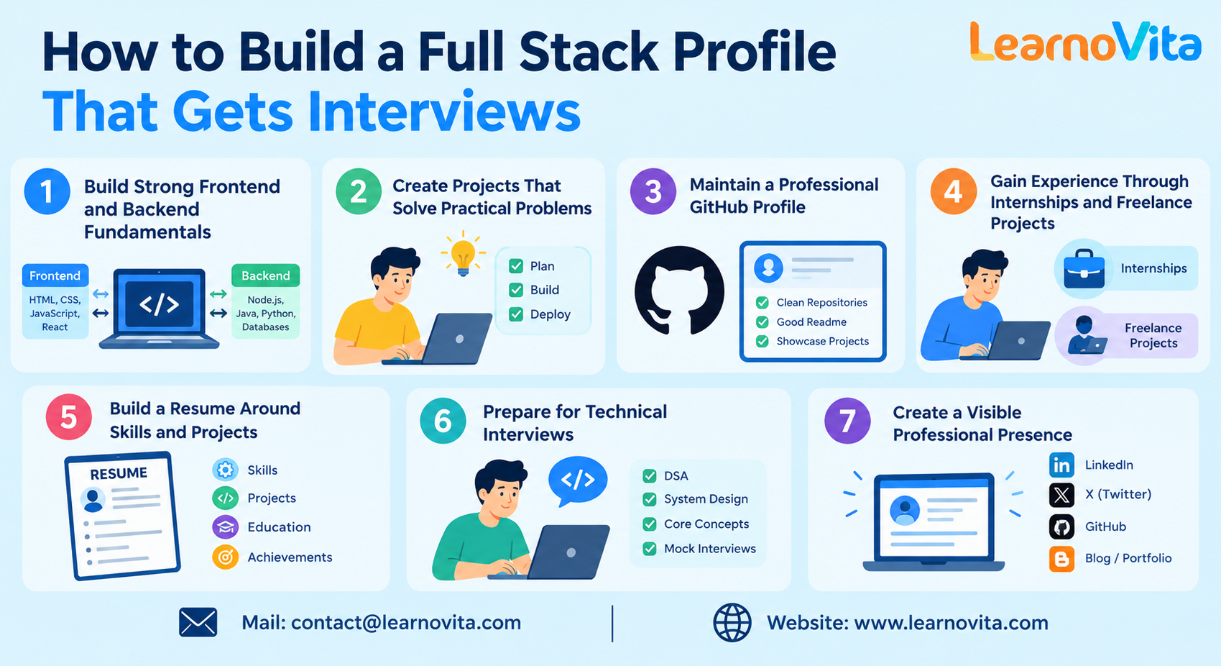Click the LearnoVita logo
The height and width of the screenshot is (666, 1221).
(x=1085, y=41)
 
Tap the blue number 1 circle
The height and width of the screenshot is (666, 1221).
(x=47, y=191)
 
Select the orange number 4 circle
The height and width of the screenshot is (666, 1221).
(x=954, y=191)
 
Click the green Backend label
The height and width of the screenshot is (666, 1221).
(x=265, y=275)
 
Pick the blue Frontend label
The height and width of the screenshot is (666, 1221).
(x=55, y=275)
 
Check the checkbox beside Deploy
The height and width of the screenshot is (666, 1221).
(x=516, y=314)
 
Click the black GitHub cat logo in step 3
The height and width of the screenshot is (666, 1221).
(x=679, y=290)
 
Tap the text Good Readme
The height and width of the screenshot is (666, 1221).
(x=811, y=321)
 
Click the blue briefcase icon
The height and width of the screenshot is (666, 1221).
(x=1084, y=269)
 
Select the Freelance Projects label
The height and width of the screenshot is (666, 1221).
(x=1153, y=335)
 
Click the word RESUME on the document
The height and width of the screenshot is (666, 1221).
(x=119, y=473)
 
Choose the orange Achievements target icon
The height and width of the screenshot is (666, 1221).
(x=225, y=557)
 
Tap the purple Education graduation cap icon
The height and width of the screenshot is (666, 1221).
(x=225, y=527)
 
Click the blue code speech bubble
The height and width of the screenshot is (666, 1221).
(x=578, y=480)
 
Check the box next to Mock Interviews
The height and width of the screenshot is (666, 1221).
(x=649, y=548)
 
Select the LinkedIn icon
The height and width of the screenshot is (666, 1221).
(x=1062, y=465)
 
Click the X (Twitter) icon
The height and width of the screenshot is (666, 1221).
(x=1062, y=495)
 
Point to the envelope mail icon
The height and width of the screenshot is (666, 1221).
(x=198, y=622)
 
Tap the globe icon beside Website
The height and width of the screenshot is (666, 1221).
(x=732, y=622)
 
